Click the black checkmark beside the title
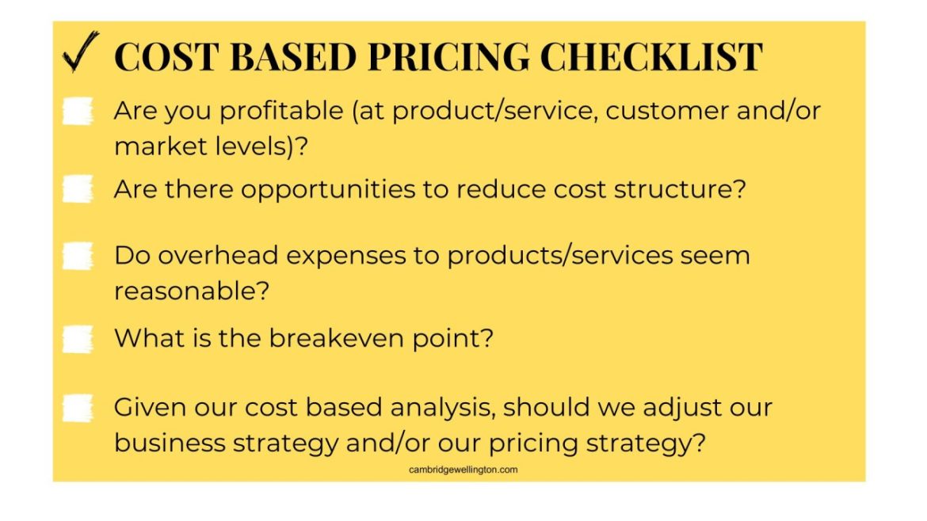[x=79, y=53]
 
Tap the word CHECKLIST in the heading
[x=651, y=57]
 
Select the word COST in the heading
[x=166, y=57]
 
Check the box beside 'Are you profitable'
[x=78, y=111]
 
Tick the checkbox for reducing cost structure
[x=78, y=189]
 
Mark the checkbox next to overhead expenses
[x=78, y=256]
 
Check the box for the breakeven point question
[x=78, y=339]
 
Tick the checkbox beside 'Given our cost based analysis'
[x=78, y=409]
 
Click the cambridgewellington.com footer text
[x=463, y=470]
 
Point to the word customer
[x=666, y=111]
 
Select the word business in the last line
[x=170, y=443]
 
